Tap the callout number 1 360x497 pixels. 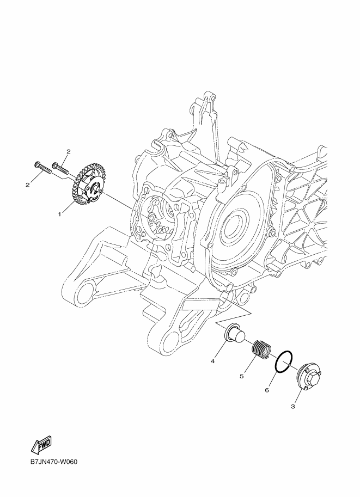(x=59, y=214)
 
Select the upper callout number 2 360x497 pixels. (x=68, y=151)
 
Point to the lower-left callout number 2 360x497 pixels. (x=28, y=185)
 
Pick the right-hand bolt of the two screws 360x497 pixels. (x=60, y=167)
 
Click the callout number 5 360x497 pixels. (x=241, y=376)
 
